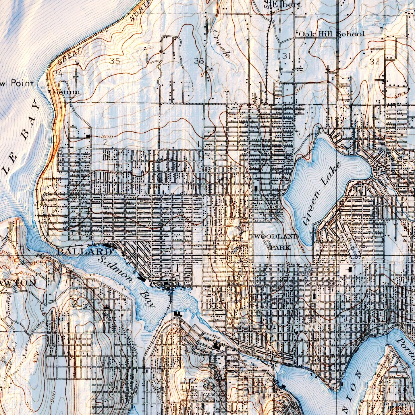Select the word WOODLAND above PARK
(276, 237)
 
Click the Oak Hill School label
(331, 34)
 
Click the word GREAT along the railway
(70, 56)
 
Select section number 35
(115, 61)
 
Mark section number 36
(199, 61)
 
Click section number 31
(286, 56)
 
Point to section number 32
(375, 61)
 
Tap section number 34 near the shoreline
(57, 74)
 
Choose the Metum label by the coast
(65, 92)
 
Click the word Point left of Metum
(22, 84)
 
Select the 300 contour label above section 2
(107, 136)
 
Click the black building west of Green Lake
(256, 189)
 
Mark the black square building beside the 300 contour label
(88, 136)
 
